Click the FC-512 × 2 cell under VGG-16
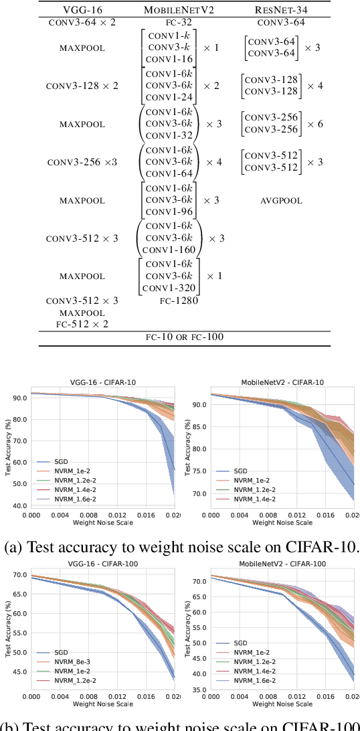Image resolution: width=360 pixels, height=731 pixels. [x=82, y=324]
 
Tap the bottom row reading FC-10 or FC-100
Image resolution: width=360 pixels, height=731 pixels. [x=185, y=337]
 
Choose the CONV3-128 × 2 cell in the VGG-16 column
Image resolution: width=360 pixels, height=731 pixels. [x=82, y=86]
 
